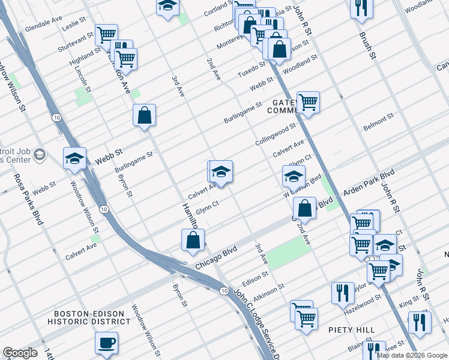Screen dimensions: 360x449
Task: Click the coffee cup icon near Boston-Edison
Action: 106,343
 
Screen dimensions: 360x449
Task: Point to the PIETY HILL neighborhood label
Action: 351,330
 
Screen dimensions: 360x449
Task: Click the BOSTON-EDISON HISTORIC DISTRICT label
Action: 92,317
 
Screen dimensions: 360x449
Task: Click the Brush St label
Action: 367,46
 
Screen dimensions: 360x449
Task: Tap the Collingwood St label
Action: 276,132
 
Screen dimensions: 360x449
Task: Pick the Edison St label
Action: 255,278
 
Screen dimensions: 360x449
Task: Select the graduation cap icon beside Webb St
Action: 74,158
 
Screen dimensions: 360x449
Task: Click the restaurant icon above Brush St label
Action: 361,8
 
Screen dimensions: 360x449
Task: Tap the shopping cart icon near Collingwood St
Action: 307,102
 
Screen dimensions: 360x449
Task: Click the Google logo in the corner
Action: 20,353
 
